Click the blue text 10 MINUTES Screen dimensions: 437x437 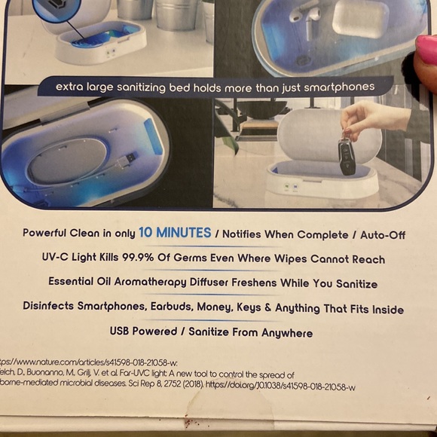(176, 234)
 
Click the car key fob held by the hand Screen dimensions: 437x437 (347, 156)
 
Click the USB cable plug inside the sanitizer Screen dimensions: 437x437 (127, 160)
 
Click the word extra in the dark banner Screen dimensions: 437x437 (71, 87)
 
